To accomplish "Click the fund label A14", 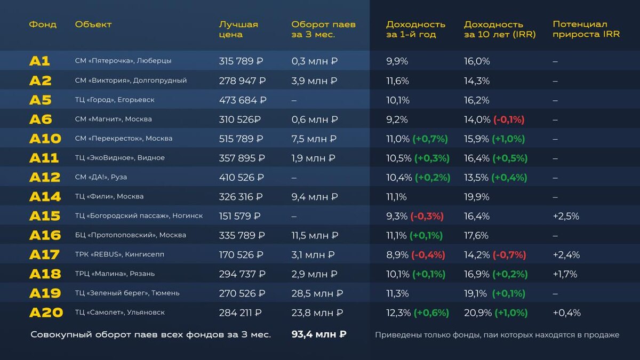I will [x=45, y=197].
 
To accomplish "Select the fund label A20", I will [x=46, y=313].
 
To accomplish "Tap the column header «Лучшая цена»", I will [x=238, y=29].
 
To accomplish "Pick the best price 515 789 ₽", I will [x=241, y=139].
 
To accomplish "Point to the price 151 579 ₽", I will [x=239, y=216].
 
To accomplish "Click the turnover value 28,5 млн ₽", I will [x=317, y=293].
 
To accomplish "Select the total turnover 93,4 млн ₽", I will [x=319, y=334].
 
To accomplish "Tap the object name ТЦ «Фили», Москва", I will [x=109, y=197].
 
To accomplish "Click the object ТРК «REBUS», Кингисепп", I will [x=119, y=255].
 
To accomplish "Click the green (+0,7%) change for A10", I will [x=430, y=139].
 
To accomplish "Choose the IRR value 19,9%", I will [x=477, y=197].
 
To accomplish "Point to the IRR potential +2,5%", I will [x=566, y=216].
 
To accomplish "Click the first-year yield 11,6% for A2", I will [x=397, y=81].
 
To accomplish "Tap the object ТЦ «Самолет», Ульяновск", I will [x=119, y=313].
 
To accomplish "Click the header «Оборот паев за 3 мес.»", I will [x=323, y=29].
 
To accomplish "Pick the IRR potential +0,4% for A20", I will [x=566, y=313].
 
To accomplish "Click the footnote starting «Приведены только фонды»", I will [x=497, y=335].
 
